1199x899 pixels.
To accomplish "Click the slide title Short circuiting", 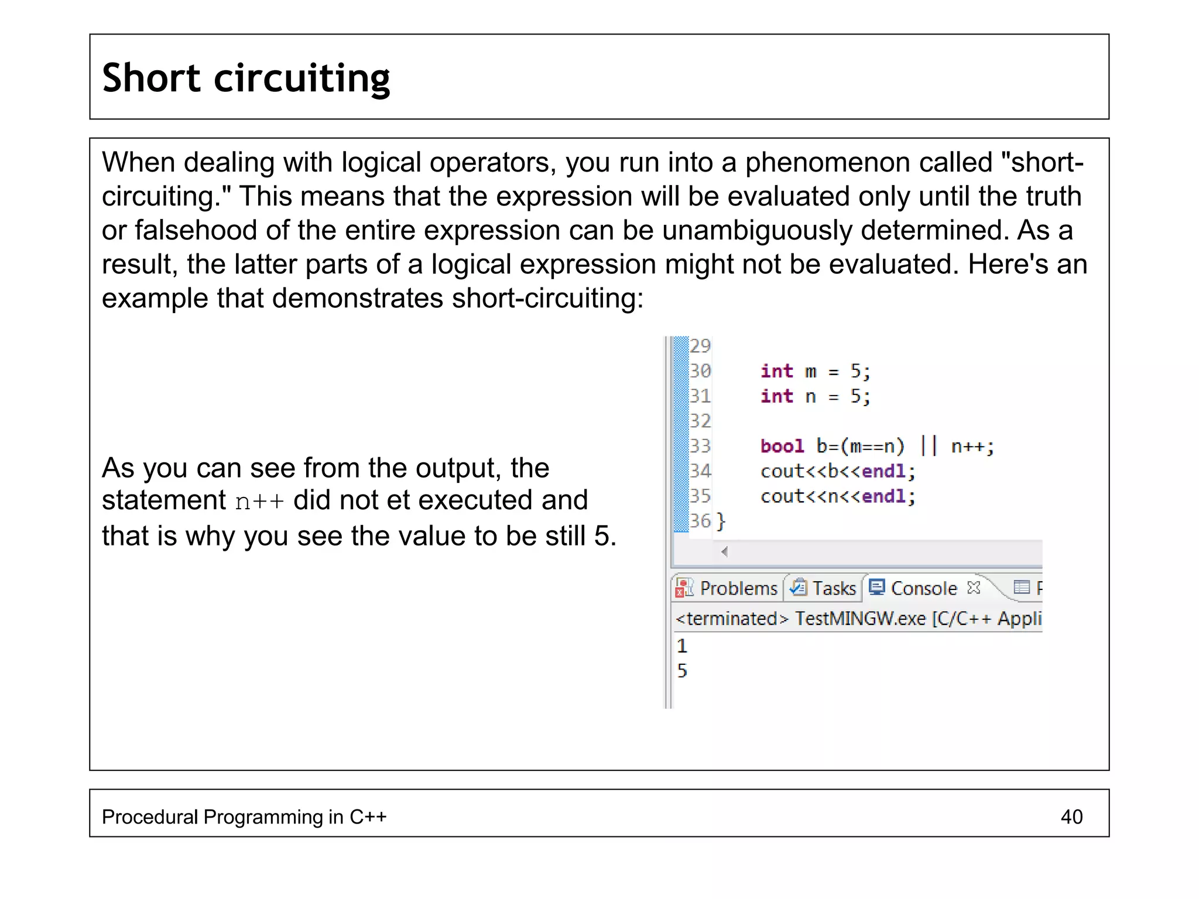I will (246, 78).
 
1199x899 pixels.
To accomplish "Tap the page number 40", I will (1071, 816).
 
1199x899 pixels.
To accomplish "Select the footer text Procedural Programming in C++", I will (244, 816).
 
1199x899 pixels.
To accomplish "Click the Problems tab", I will (738, 588).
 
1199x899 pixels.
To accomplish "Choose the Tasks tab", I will (833, 588).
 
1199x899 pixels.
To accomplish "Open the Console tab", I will (923, 588).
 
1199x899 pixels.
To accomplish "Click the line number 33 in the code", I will (700, 446).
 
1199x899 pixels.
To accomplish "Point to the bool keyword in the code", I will (782, 446).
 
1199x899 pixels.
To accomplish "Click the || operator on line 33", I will (929, 446).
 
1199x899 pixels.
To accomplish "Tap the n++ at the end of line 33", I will (972, 447).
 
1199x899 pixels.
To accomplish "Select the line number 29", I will (700, 346).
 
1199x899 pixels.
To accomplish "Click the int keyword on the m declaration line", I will (776, 371).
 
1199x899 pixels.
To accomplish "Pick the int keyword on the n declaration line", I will (776, 396).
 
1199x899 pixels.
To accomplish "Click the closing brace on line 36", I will (721, 521).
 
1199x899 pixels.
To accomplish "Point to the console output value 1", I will (682, 646).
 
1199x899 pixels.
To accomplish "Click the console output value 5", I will (682, 671).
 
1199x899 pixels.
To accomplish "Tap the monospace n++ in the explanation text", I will (259, 502).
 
